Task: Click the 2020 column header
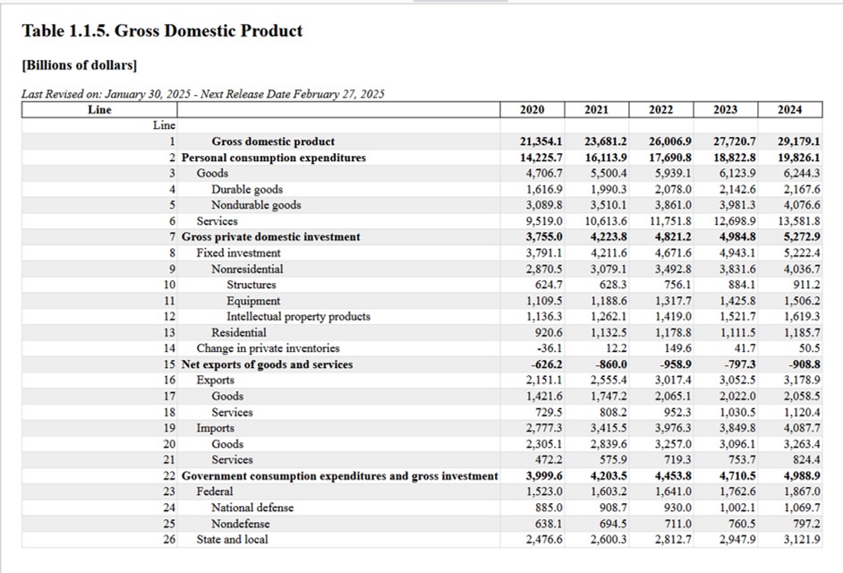point(532,110)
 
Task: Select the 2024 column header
point(789,110)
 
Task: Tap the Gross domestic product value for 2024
point(799,141)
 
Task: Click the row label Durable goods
point(247,190)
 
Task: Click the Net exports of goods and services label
point(268,364)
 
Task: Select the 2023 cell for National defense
point(737,508)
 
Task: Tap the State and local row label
point(232,539)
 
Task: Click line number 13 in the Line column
point(169,332)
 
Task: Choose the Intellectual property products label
point(298,316)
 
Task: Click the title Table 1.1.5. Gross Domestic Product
point(162,30)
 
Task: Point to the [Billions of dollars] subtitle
point(80,65)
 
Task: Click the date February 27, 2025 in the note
point(338,94)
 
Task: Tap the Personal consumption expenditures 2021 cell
point(606,158)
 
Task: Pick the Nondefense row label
point(241,524)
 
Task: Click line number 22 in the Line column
point(169,475)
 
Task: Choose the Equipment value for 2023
point(737,301)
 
